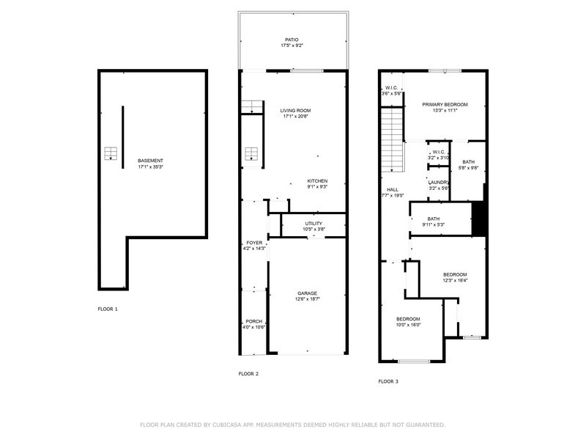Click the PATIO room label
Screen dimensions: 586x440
[292, 40]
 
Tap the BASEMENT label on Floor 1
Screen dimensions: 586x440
[151, 161]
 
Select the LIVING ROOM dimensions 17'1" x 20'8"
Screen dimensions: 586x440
[296, 117]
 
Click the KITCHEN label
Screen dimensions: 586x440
[317, 181]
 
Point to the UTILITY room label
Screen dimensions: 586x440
[314, 224]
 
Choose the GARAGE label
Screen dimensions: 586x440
[307, 293]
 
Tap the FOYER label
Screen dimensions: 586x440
[254, 243]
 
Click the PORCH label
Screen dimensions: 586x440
[254, 321]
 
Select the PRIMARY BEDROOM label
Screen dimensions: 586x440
[445, 104]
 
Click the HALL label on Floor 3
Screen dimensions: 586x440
[393, 189]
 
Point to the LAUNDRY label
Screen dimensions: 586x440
[439, 182]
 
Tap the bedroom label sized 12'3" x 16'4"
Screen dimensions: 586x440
[455, 274]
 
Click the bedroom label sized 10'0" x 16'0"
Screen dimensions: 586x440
[408, 319]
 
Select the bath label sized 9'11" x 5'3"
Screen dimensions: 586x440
[434, 219]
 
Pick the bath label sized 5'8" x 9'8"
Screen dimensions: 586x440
[468, 162]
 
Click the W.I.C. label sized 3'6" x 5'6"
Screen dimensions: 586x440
[391, 88]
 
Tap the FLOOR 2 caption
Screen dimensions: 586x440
[248, 374]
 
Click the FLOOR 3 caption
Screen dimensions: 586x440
[388, 381]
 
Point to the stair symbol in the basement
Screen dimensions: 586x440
[111, 153]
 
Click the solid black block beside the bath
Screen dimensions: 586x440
[479, 219]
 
